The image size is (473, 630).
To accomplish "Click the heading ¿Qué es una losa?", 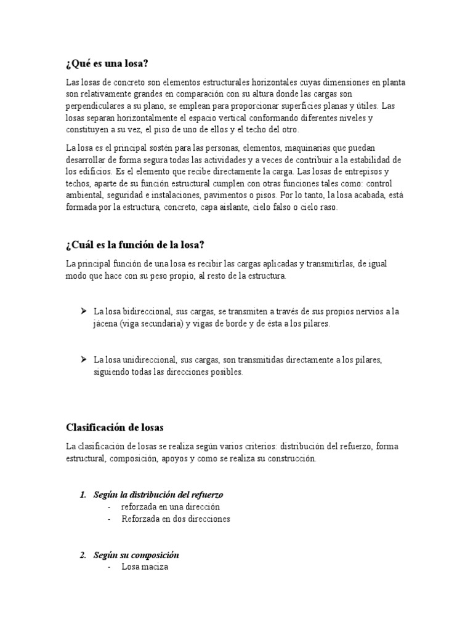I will click(107, 64).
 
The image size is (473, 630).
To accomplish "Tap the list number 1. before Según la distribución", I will click(84, 494).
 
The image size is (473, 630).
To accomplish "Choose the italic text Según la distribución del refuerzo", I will click(158, 494).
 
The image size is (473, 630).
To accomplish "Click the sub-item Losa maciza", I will click(144, 567).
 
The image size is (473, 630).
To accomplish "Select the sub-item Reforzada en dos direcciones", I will click(176, 519).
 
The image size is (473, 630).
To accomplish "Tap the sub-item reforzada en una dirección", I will click(171, 506).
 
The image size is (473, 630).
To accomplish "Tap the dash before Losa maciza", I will click(109, 567).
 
